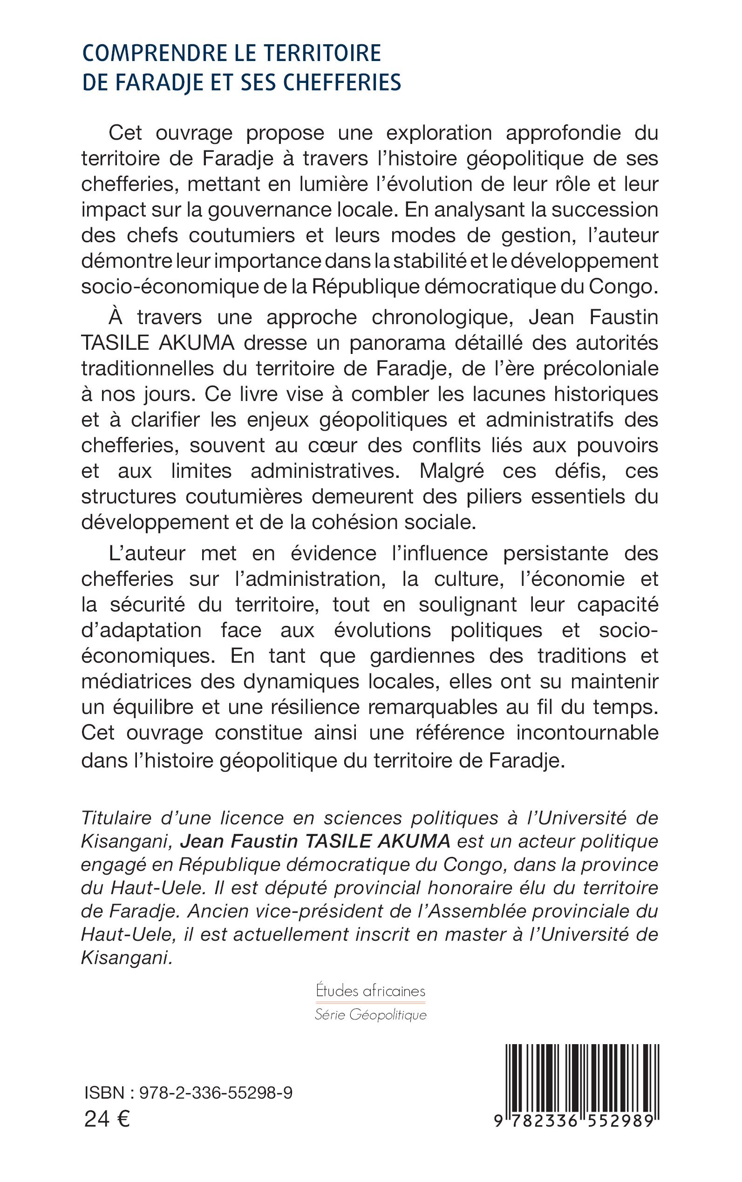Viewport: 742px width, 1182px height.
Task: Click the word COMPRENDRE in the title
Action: (150, 54)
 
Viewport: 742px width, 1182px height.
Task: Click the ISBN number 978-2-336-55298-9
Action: (216, 1093)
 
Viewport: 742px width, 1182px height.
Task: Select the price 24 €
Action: (107, 1119)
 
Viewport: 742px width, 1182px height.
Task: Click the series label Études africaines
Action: (370, 991)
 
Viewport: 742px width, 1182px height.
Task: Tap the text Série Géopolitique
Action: (370, 1015)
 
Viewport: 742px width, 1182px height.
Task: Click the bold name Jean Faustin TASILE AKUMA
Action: (315, 841)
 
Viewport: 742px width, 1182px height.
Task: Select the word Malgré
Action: (452, 471)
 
